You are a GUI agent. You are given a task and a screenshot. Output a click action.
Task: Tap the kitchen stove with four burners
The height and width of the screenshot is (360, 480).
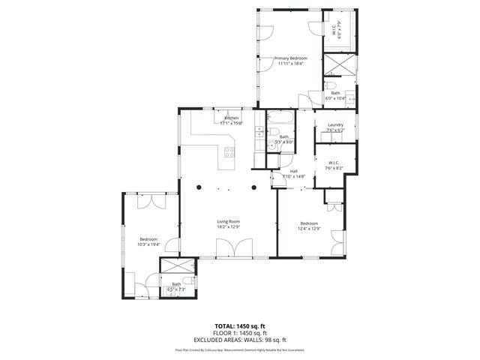229,154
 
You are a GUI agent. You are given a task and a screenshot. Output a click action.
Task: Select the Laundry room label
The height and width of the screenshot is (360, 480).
335,124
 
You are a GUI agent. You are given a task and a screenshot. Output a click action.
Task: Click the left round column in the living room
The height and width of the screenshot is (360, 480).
199,187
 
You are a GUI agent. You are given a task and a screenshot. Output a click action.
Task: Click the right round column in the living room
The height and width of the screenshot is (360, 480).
253,187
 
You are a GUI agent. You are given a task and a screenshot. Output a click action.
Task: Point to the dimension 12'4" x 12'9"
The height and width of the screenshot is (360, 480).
310,229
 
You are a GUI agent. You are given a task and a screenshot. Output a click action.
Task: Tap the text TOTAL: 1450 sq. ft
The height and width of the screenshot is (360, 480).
240,326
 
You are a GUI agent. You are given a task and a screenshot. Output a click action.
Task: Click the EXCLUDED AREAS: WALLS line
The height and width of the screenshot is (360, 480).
240,339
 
